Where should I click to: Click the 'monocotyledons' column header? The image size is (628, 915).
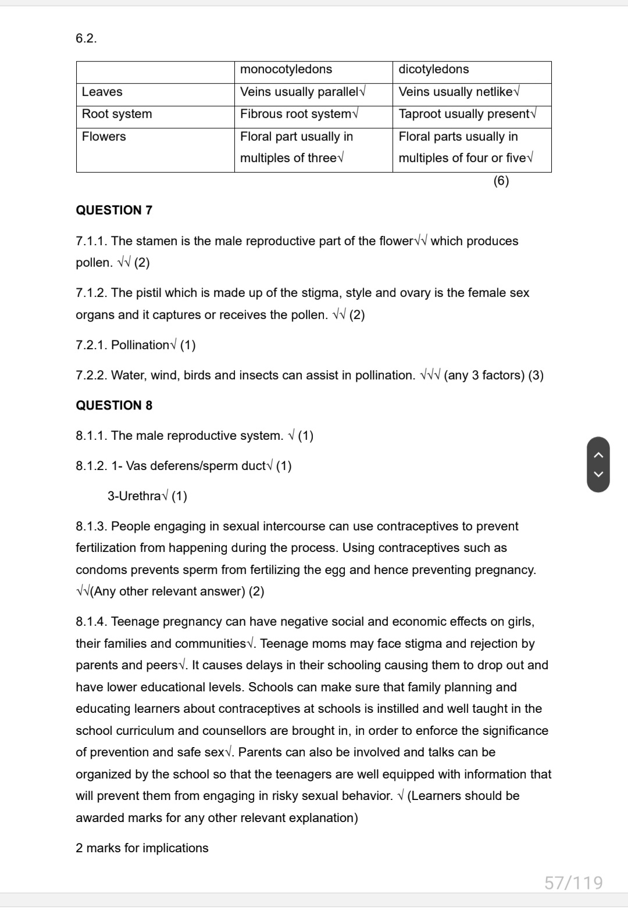[286, 70]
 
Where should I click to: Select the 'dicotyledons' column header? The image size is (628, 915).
[434, 70]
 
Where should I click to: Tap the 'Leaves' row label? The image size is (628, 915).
[102, 92]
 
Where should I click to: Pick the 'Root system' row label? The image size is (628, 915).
[117, 114]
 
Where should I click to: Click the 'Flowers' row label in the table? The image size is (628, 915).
[104, 137]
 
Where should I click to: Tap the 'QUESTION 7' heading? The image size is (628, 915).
[114, 210]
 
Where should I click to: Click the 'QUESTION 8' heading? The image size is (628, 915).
[114, 406]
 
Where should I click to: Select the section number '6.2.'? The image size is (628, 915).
[87, 39]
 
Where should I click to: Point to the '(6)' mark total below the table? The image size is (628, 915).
[501, 181]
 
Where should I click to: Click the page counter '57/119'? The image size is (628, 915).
[573, 883]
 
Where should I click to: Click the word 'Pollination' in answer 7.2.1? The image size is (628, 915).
[140, 345]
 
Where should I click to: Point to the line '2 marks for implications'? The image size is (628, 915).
[142, 848]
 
